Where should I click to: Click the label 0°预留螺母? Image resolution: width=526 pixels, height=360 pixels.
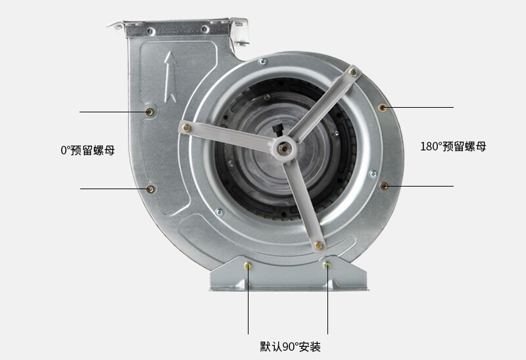tap(87, 150)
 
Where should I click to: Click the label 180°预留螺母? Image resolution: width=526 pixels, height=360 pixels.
tap(453, 146)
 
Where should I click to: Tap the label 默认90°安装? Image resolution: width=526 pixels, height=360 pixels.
tap(290, 347)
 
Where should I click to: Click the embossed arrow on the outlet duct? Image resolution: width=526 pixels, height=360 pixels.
tap(170, 77)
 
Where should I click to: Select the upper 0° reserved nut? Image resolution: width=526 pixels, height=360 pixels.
tap(150, 112)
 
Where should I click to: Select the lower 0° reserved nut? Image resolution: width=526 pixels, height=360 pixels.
tap(151, 189)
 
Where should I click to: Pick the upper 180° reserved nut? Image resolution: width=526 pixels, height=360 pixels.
tap(383, 108)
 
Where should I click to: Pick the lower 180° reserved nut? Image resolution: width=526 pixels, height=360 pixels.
tap(384, 186)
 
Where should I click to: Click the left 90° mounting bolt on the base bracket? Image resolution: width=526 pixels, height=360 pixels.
tap(249, 266)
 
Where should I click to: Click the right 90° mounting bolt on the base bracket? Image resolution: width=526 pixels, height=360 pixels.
tap(327, 265)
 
